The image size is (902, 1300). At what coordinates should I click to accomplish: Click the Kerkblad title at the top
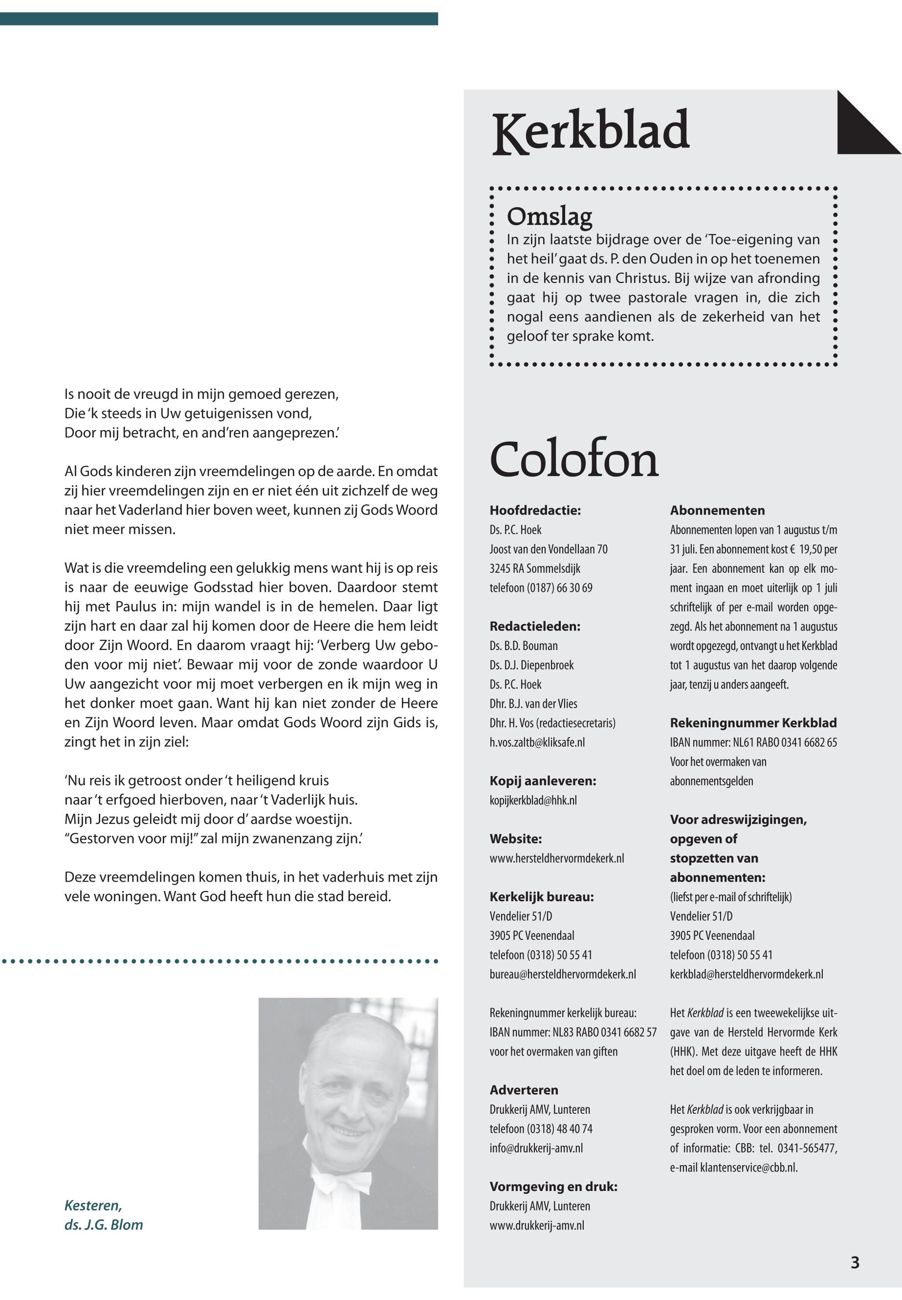[x=591, y=131]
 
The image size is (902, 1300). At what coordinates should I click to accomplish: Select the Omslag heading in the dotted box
[x=550, y=217]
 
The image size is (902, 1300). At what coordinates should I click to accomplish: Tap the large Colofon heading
[x=573, y=458]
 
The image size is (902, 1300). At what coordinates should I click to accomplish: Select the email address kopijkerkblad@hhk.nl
[x=533, y=800]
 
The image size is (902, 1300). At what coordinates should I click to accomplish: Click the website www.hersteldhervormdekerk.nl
[x=557, y=858]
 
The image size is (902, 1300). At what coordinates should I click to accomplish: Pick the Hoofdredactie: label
[x=535, y=510]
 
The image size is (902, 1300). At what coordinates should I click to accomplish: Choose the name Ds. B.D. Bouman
[x=523, y=646]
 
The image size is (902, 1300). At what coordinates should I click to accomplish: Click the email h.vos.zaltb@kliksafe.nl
[x=537, y=742]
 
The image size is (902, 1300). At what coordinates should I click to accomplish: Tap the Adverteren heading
[x=523, y=1090]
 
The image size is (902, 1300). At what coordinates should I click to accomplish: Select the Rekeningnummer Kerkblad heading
[x=753, y=723]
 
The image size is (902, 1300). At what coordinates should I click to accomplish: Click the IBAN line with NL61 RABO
[x=753, y=742]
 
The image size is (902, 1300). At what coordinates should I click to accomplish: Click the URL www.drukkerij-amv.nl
[x=537, y=1225]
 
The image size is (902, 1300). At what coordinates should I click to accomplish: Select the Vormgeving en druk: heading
[x=553, y=1187]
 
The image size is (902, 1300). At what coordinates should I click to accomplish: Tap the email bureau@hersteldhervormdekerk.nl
[x=562, y=974]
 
